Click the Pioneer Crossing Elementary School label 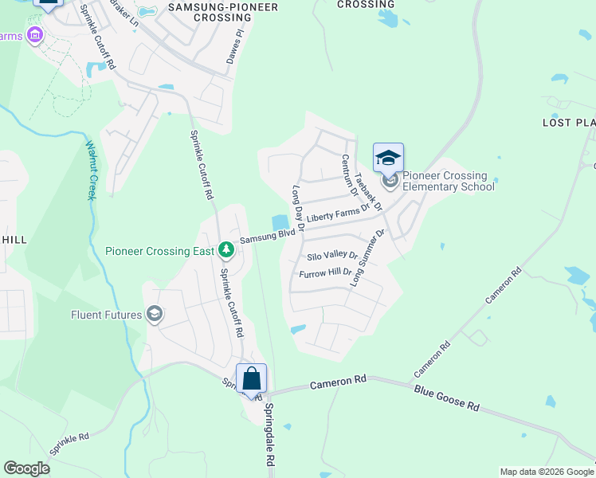(449, 181)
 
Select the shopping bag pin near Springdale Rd (251, 379)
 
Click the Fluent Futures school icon (155, 315)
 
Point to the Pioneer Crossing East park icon (226, 250)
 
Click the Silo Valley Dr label (332, 257)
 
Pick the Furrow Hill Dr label (325, 273)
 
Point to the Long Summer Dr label (368, 257)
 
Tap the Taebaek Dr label (368, 192)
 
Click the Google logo (26, 468)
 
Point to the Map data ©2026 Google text (546, 472)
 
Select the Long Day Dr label (299, 208)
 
